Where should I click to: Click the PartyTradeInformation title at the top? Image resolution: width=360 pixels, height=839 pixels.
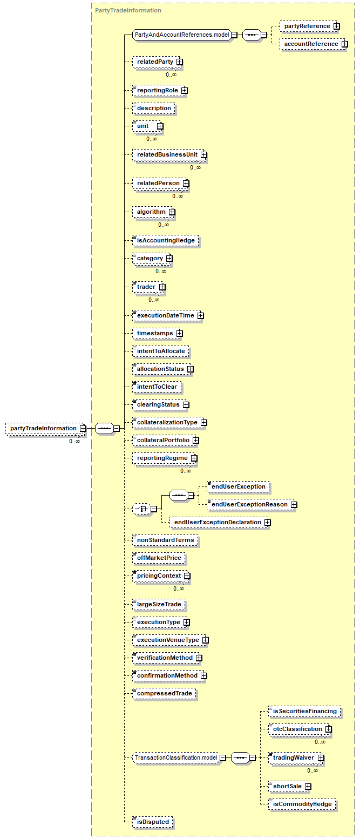128,10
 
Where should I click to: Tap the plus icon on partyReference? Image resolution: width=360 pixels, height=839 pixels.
337,26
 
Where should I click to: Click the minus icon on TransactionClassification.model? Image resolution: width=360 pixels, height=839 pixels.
223,757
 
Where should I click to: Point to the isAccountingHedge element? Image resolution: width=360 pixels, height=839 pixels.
166,240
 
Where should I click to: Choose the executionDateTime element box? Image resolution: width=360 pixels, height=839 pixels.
168,316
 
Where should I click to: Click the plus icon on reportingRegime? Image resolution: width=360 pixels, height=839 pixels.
194,458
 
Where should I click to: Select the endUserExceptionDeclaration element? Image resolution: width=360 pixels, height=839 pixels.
220,523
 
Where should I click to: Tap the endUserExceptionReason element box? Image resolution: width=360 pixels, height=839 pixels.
252,504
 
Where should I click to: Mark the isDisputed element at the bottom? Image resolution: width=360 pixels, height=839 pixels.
153,822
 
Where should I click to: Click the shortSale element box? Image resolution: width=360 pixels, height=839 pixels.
290,787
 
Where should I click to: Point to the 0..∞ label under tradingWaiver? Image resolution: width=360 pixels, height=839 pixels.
313,770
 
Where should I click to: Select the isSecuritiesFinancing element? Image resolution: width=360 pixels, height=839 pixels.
305,711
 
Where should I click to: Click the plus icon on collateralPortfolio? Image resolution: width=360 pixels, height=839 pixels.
196,441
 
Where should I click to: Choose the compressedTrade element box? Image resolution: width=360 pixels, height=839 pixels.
165,694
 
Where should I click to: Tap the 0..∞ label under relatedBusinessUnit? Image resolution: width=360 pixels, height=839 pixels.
195,167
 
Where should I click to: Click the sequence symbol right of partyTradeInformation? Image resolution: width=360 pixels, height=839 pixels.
104,429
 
